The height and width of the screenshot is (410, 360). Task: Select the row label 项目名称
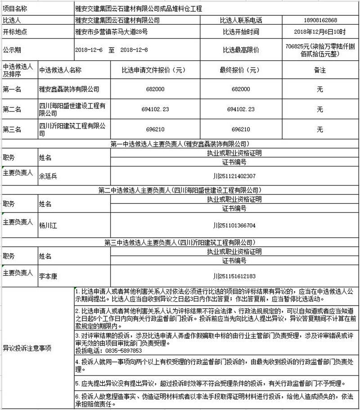click(x=15, y=9)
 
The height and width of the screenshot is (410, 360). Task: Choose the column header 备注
click(x=320, y=70)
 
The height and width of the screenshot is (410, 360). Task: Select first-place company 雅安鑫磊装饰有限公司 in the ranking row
click(x=69, y=90)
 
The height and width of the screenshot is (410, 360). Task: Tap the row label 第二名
click(x=12, y=109)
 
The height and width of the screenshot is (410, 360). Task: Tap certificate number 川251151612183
click(x=234, y=276)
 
